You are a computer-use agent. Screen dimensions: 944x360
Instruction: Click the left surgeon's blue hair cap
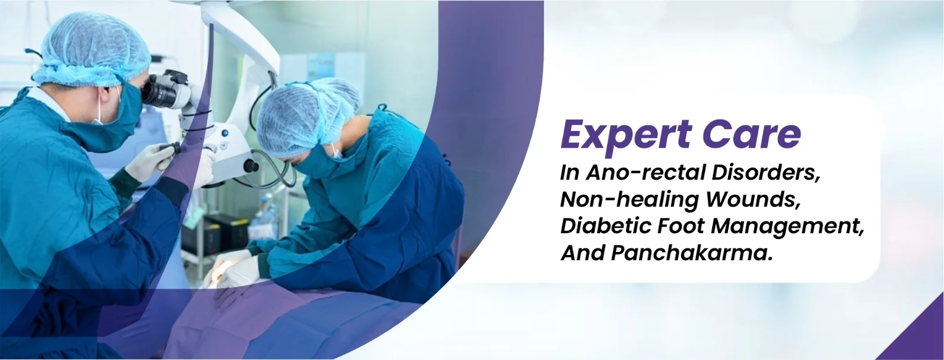pyautogui.click(x=92, y=50)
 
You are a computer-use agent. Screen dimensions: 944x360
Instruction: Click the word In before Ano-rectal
pyautogui.click(x=570, y=173)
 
